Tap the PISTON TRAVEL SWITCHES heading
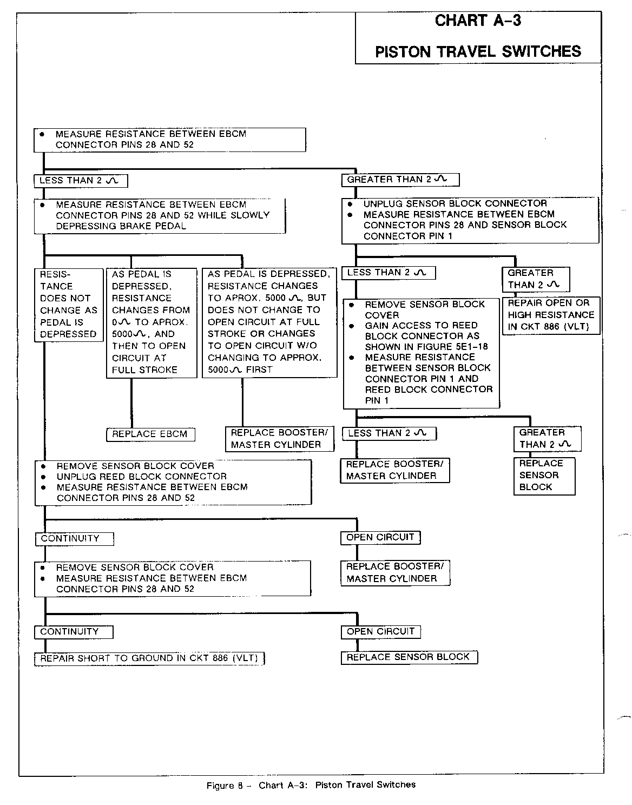pos(478,51)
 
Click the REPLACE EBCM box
pos(150,434)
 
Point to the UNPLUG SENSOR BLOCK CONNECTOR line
pos(455,203)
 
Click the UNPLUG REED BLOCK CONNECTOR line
pos(141,476)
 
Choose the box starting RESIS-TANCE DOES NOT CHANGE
pos(68,304)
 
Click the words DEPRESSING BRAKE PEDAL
pos(121,226)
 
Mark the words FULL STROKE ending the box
pos(144,369)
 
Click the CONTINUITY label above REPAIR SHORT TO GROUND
pos(69,631)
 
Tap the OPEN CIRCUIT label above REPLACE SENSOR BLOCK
pos(380,631)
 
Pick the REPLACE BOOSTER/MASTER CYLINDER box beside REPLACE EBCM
pos(279,439)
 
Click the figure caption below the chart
pos(311,784)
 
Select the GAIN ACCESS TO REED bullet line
pos(421,325)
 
